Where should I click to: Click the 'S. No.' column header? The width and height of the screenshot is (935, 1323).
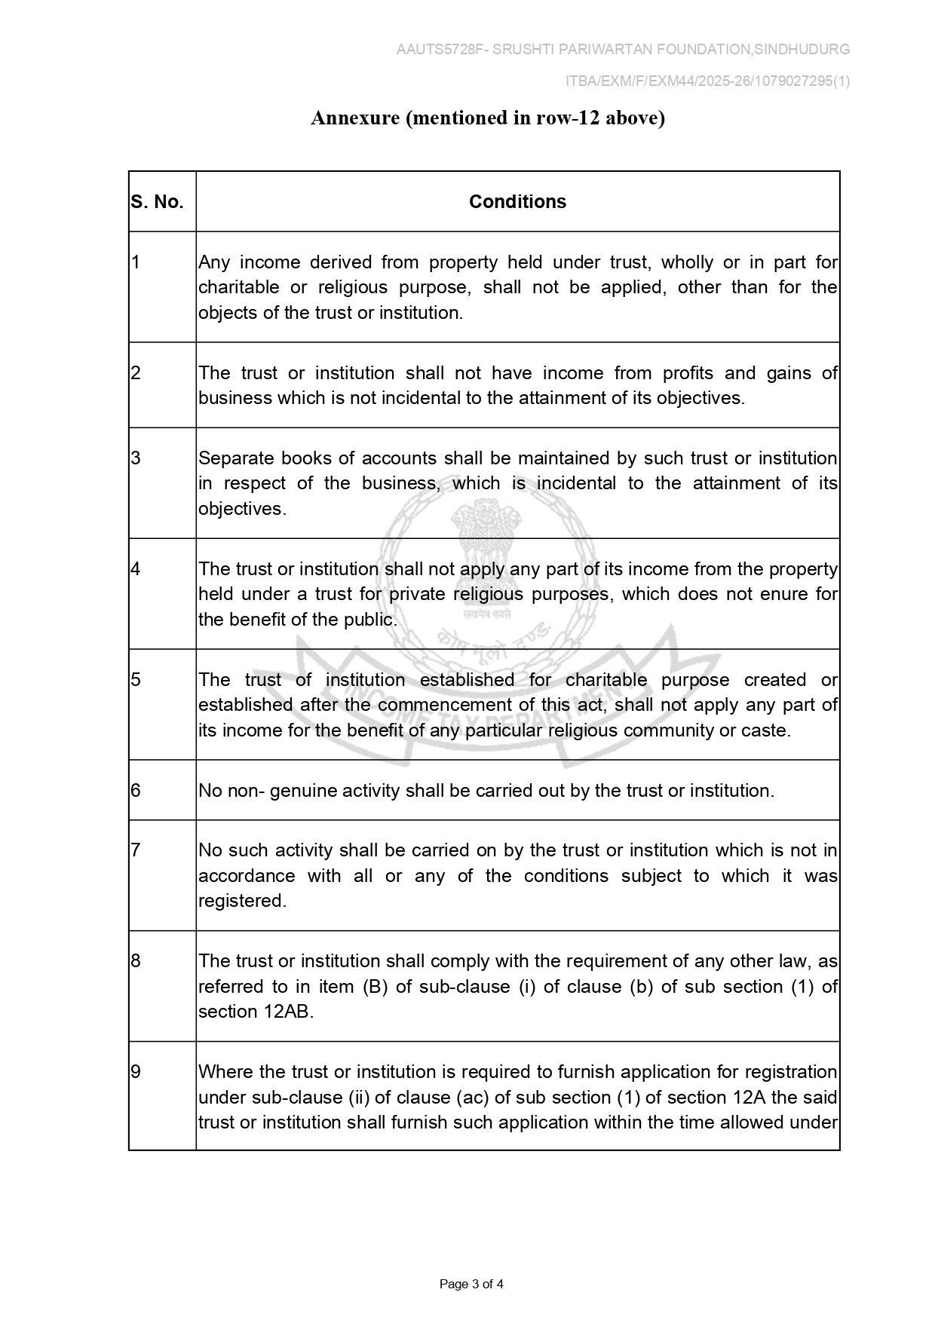(x=158, y=202)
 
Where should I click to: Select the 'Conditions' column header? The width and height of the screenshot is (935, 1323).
(x=517, y=202)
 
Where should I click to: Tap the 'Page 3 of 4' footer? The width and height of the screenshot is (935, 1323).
(x=471, y=1284)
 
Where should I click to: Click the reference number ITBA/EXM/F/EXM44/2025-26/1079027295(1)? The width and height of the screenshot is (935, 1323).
(x=708, y=81)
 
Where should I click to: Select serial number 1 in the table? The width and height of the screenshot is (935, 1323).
(x=136, y=262)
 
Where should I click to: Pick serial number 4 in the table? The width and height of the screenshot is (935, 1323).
(x=136, y=569)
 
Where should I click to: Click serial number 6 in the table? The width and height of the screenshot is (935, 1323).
(x=136, y=791)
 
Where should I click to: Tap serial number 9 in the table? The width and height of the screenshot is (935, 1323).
(x=136, y=1072)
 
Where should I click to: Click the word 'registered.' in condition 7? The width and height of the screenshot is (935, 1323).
(x=242, y=901)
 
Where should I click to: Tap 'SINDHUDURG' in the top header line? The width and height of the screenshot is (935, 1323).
(x=802, y=50)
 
